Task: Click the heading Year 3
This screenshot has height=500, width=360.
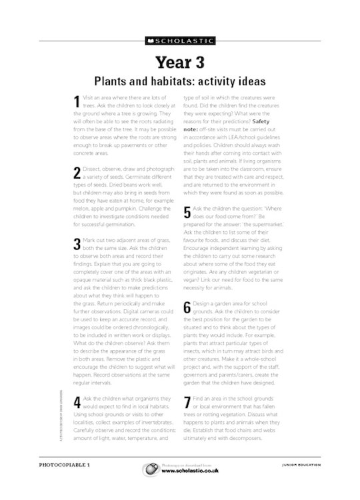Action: [180, 62]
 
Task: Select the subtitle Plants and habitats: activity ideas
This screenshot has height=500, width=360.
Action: [180, 81]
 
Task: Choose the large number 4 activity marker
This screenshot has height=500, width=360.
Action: [77, 402]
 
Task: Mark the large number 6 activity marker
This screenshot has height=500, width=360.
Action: [187, 308]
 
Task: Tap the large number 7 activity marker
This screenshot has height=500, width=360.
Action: [187, 402]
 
